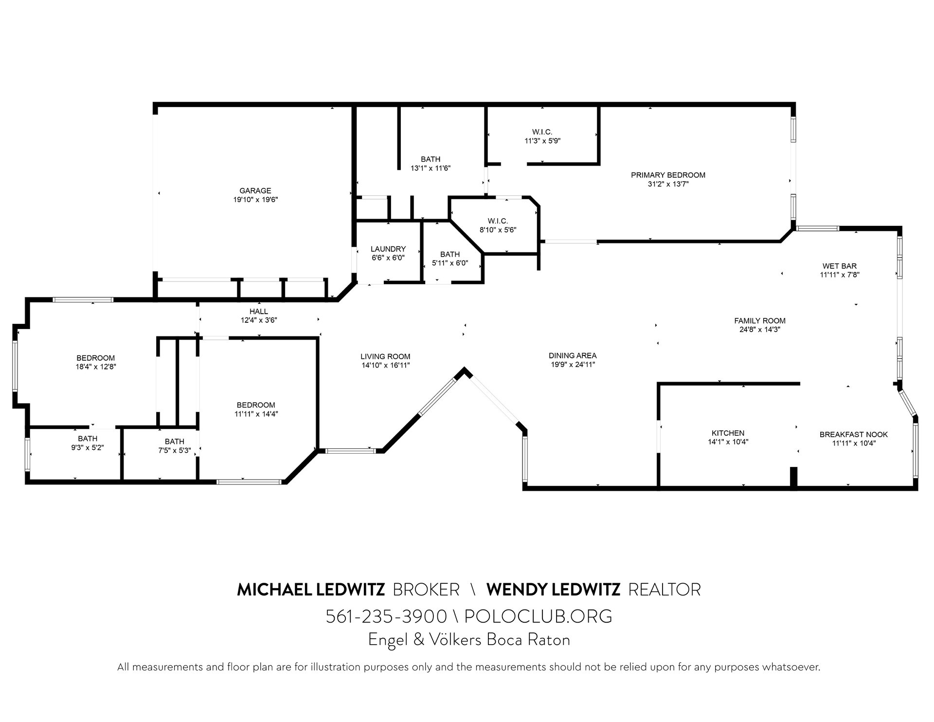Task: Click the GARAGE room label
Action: point(255,191)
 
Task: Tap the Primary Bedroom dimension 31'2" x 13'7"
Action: point(668,184)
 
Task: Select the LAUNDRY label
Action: point(388,249)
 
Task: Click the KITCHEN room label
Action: point(728,433)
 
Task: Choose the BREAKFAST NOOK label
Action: point(854,434)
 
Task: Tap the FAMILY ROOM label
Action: point(760,321)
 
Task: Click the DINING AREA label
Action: point(572,355)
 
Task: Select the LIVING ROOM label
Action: point(385,356)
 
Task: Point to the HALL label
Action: point(259,312)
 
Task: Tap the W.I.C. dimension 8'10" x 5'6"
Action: point(498,230)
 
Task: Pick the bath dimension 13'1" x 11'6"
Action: point(431,168)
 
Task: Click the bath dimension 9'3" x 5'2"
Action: point(88,447)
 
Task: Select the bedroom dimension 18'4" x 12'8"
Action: point(96,367)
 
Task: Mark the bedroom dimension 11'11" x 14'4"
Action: point(256,414)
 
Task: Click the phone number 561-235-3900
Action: point(386,616)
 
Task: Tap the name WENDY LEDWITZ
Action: point(554,590)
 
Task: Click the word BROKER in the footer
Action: point(426,590)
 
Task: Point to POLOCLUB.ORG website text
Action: point(538,616)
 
